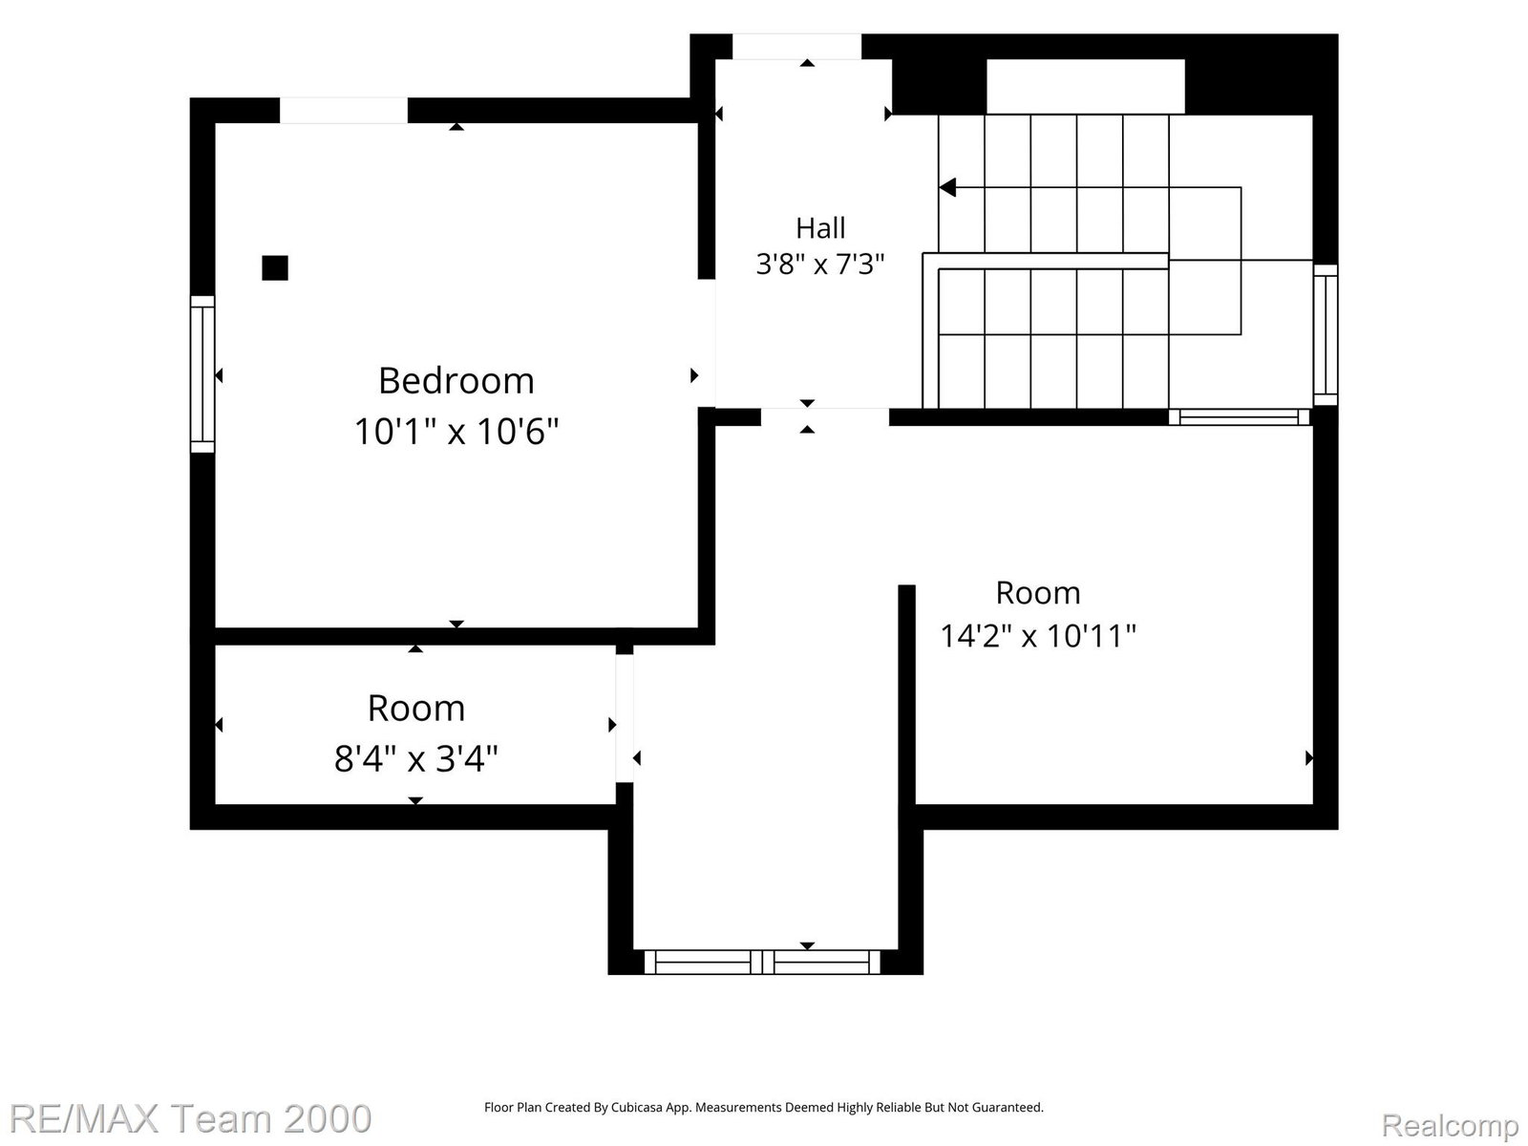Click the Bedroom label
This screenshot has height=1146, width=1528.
(x=456, y=381)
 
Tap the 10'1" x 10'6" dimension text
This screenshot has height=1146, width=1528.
(x=456, y=432)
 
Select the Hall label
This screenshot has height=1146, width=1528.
(x=820, y=228)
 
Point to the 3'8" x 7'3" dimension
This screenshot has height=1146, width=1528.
(x=820, y=265)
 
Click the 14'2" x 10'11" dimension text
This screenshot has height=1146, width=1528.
(x=1038, y=636)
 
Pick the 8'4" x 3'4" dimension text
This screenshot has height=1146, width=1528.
(x=416, y=758)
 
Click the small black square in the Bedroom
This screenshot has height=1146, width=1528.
(x=275, y=268)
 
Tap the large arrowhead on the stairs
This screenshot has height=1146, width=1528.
(x=947, y=188)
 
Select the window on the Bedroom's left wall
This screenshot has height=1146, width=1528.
(x=202, y=374)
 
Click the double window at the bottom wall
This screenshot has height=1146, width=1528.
(x=762, y=963)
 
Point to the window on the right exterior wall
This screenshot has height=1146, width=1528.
(x=1326, y=334)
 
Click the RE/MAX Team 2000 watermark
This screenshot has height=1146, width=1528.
(x=190, y=1119)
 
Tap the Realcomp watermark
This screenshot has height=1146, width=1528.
(x=1450, y=1125)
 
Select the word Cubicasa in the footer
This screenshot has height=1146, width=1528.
(x=636, y=1108)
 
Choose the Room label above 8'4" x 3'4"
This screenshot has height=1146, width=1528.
(x=416, y=709)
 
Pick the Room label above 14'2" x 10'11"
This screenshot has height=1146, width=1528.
(x=1038, y=593)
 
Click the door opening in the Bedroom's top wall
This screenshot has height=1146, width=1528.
(x=344, y=111)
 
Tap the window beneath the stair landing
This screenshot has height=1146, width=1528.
(x=1239, y=416)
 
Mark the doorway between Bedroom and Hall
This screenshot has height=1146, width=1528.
(x=707, y=343)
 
